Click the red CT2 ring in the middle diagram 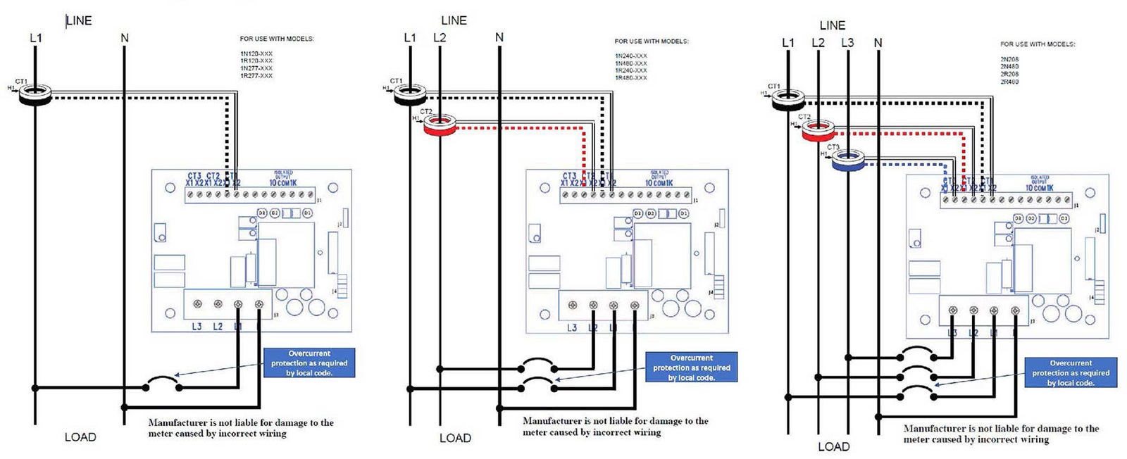point(439,126)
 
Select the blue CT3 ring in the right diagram point(847,161)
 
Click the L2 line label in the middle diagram point(440,38)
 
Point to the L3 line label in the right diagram point(847,43)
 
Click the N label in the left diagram point(125,38)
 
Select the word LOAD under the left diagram point(80,437)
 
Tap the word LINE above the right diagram point(832,25)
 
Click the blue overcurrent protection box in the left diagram point(309,363)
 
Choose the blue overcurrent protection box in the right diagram point(1070,372)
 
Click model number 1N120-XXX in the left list point(256,54)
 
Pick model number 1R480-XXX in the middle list point(631,78)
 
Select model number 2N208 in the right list point(1009,59)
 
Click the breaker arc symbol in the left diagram point(161,383)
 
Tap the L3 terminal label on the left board point(197,327)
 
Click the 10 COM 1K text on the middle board point(659,183)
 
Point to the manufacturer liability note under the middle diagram point(615,426)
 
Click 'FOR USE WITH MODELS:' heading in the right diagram point(1037,44)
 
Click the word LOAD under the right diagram point(833,446)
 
